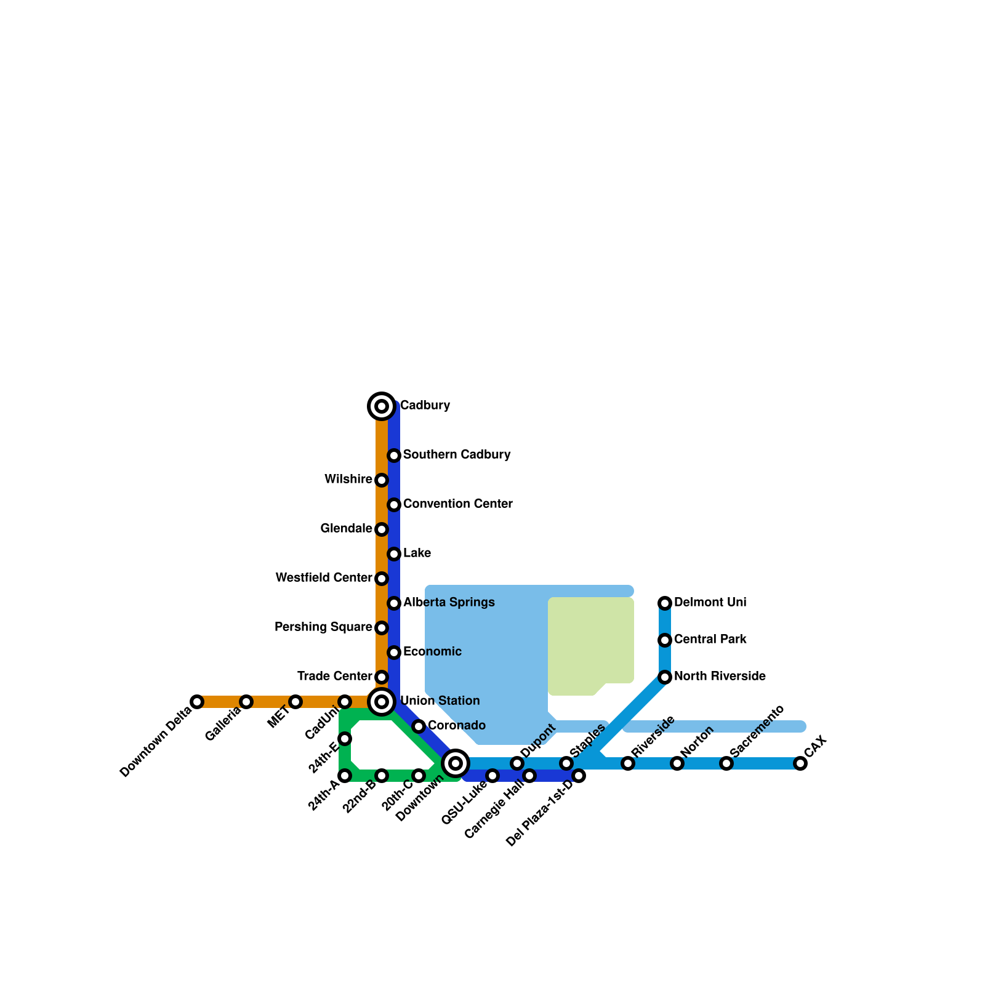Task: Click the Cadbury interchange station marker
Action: pos(382,406)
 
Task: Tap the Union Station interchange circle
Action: pos(382,702)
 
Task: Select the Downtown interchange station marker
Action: pos(456,763)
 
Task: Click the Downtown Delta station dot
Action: pos(197,702)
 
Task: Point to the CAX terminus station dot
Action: pos(800,763)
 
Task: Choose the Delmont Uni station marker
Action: pos(665,603)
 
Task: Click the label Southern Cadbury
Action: pos(457,455)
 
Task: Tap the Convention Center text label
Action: pos(457,504)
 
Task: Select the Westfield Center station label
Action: pos(324,578)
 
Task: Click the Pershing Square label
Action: pos(323,627)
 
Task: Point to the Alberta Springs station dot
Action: pos(394,603)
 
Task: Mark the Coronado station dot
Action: pos(419,726)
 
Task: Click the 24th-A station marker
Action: pos(345,776)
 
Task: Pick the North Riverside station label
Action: pos(720,677)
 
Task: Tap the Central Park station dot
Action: pos(665,640)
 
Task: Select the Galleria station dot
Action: pos(246,702)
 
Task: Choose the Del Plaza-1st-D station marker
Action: pos(579,776)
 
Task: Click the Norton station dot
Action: pos(677,763)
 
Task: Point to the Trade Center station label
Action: pos(334,677)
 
